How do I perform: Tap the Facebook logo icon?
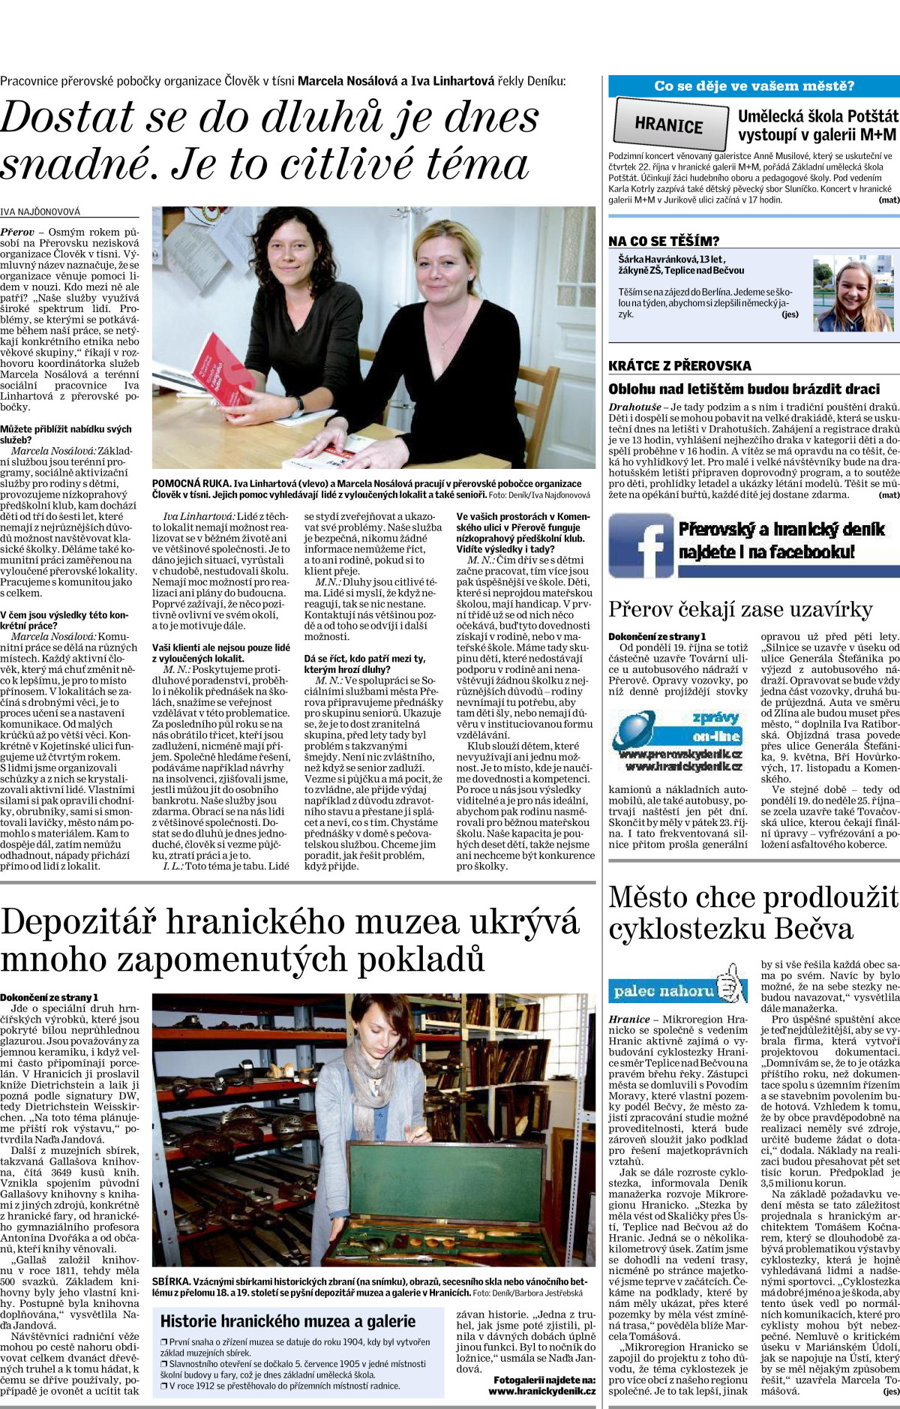pyautogui.click(x=641, y=545)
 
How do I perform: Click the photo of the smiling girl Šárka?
pyautogui.click(x=853, y=293)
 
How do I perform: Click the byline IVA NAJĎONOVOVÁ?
pyautogui.click(x=40, y=212)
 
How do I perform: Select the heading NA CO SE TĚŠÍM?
pyautogui.click(x=664, y=241)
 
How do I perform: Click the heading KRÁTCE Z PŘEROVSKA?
pyautogui.click(x=679, y=366)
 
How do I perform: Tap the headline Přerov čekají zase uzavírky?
pyautogui.click(x=740, y=609)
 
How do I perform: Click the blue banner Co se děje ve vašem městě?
pyautogui.click(x=754, y=86)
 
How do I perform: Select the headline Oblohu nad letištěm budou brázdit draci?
pyautogui.click(x=744, y=389)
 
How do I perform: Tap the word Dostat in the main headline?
pyautogui.click(x=67, y=119)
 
